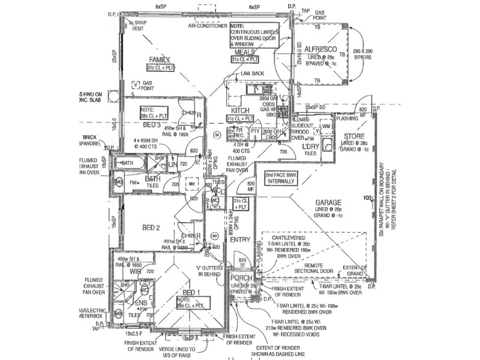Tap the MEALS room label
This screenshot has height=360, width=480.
pyautogui.click(x=245, y=53)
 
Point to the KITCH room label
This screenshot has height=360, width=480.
pyautogui.click(x=240, y=111)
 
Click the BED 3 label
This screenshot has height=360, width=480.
pyautogui.click(x=151, y=125)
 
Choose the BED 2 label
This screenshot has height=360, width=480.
pyautogui.click(x=150, y=227)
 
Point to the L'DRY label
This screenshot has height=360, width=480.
pyautogui.click(x=310, y=147)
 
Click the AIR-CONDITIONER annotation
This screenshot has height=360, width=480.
pyautogui.click(x=207, y=26)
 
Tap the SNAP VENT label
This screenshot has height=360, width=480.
pyautogui.click(x=139, y=25)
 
